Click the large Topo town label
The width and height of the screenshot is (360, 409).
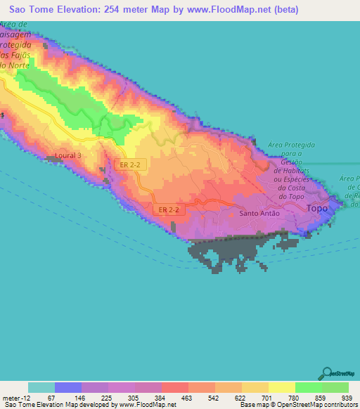[x=319, y=209]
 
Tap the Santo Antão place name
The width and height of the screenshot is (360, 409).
[x=259, y=214]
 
